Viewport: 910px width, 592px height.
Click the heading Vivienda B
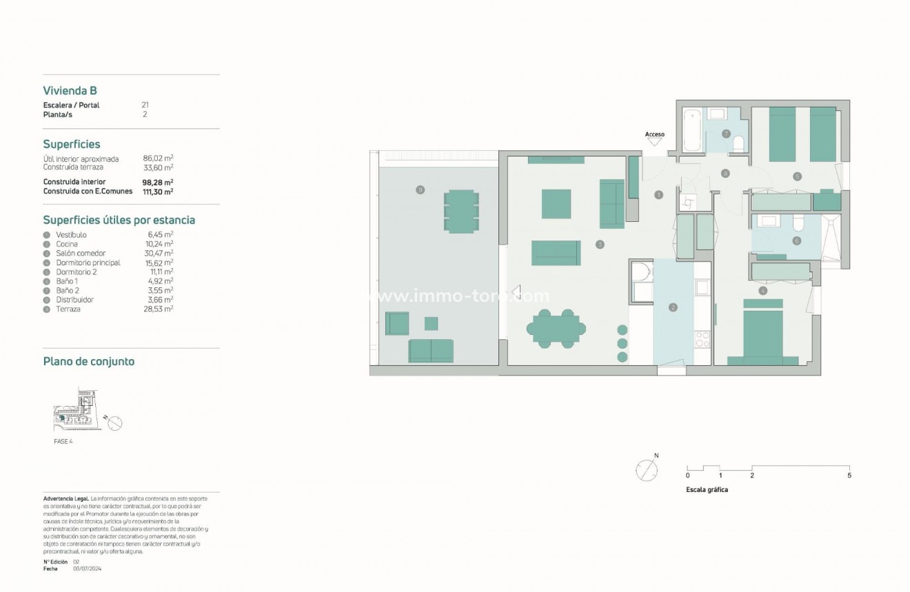pos(70,90)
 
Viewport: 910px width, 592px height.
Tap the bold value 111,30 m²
pos(158,192)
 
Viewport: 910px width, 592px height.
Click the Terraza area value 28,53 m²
pos(158,309)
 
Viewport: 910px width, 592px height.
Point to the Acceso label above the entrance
pos(654,134)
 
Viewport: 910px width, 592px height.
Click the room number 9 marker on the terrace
pos(420,190)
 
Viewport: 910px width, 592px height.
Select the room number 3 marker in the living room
pos(600,244)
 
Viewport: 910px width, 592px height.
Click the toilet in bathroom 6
pos(799,223)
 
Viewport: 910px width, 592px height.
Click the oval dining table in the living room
pos(557,327)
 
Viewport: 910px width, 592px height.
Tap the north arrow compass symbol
pos(647,471)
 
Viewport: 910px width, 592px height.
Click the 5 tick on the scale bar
pos(849,476)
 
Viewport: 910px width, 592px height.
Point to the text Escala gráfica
pos(707,490)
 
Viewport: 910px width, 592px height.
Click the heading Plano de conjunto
pos(88,361)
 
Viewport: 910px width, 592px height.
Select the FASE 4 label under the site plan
pos(63,441)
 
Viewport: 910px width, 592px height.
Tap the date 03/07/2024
pos(87,569)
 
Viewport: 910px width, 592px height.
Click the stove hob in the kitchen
pos(702,338)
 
